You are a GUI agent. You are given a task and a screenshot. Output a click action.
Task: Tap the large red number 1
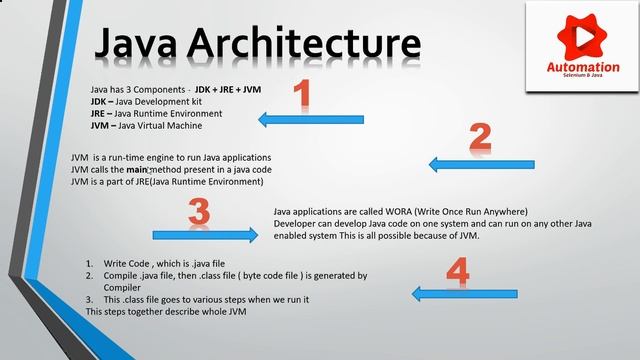[306, 95]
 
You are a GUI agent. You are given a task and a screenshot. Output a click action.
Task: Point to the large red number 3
[199, 211]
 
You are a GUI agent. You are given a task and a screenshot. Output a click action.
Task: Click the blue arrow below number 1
[310, 120]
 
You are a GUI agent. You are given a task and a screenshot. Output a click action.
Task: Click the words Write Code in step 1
[125, 263]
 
